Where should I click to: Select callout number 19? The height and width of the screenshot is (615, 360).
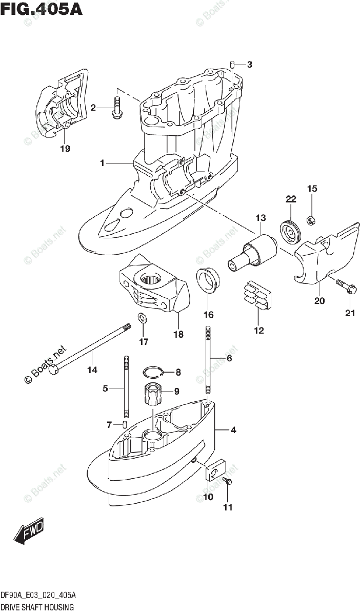click(65, 149)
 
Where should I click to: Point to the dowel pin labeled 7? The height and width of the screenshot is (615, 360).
click(124, 424)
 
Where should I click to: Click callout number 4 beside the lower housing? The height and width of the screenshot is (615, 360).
click(233, 430)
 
